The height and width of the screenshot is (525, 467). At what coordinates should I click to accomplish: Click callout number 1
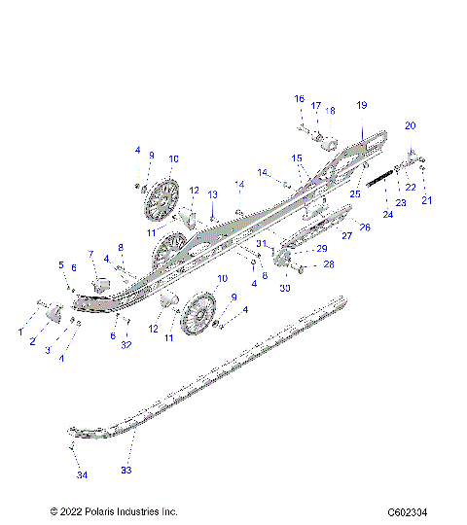tap(20, 332)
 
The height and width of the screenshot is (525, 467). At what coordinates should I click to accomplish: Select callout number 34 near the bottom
tap(82, 474)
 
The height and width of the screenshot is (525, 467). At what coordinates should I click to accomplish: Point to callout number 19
tap(361, 104)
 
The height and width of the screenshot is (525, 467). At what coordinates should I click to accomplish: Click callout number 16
tap(300, 98)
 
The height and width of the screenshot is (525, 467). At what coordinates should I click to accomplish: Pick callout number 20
tap(410, 125)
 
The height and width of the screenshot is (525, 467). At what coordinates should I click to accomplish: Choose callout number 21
tap(425, 199)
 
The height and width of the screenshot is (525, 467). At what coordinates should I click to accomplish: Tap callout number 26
tap(366, 227)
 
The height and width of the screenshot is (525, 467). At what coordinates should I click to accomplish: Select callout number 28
tap(328, 263)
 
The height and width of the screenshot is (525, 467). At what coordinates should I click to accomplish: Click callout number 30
tap(285, 288)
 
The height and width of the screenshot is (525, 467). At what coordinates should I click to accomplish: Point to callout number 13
tap(212, 194)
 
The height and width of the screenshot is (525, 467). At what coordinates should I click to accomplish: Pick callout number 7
tap(91, 254)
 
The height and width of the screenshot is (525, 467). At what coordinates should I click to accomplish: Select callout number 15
tap(297, 157)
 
